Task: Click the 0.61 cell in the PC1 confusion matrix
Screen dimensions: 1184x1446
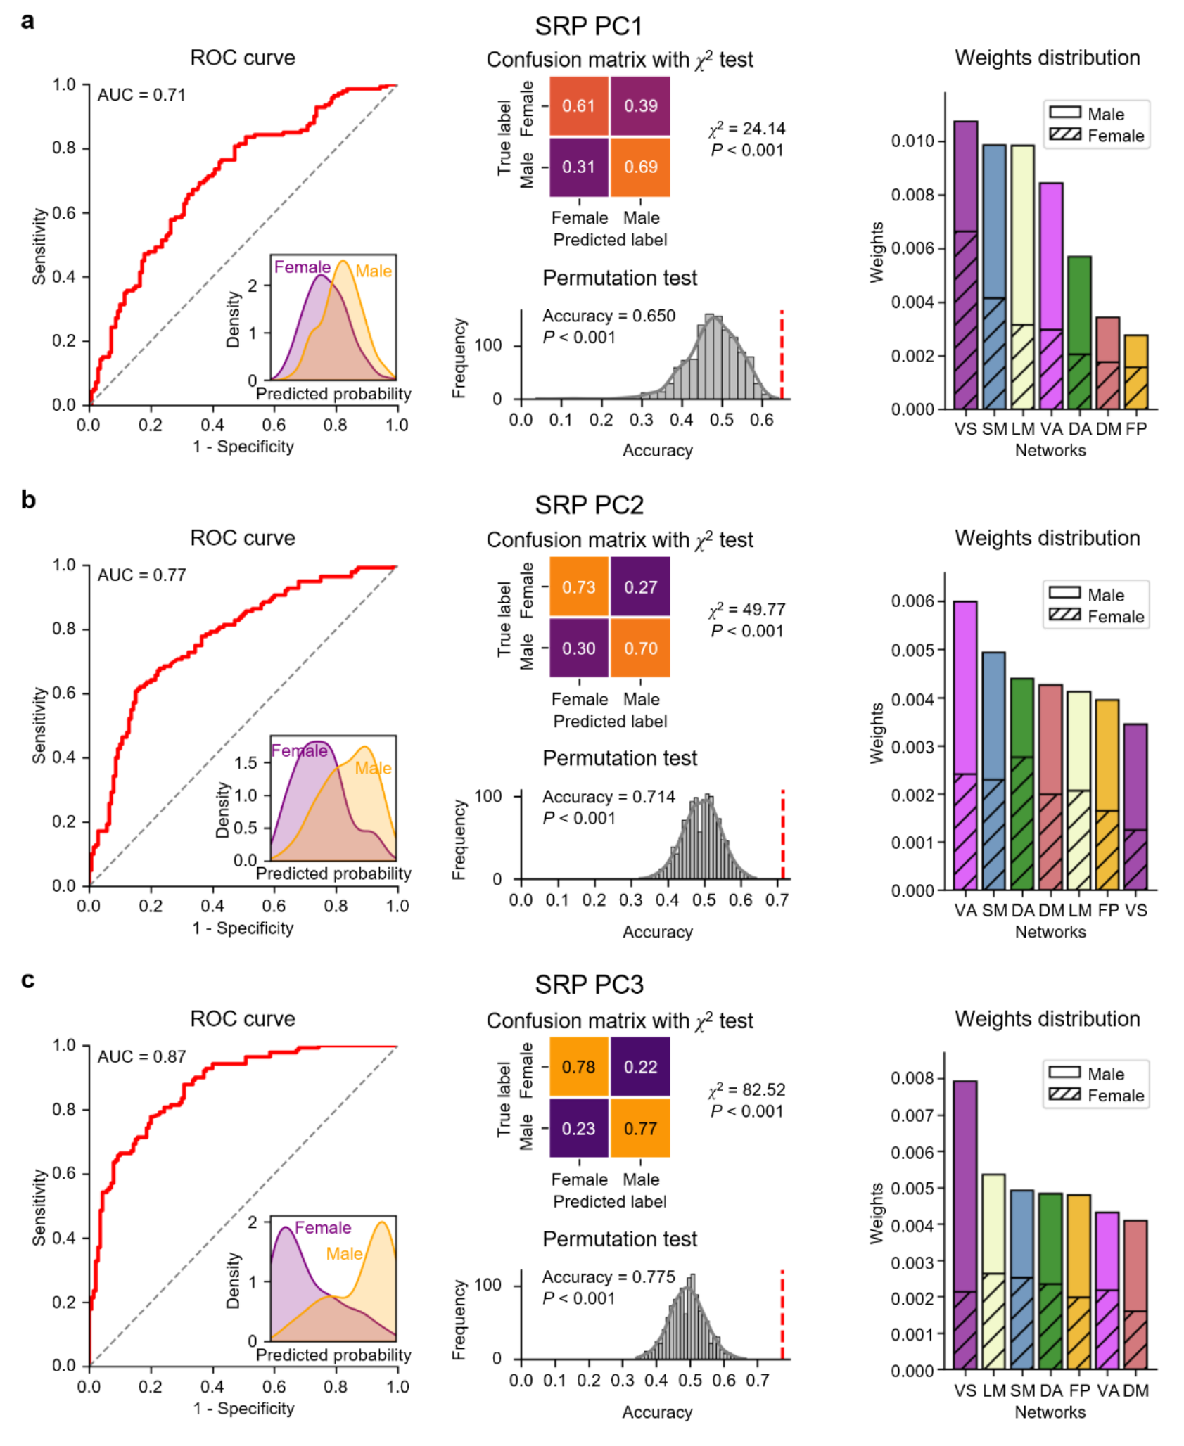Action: [x=578, y=105]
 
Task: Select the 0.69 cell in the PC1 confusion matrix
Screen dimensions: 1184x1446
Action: [x=640, y=167]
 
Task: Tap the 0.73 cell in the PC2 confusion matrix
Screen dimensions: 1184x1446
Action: [x=578, y=587]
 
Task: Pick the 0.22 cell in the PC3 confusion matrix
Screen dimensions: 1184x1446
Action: [x=640, y=1066]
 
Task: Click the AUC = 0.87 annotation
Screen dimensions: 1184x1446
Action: [x=141, y=1056]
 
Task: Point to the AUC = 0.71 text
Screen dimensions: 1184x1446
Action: [x=141, y=95]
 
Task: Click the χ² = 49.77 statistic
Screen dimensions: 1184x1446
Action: [x=746, y=608]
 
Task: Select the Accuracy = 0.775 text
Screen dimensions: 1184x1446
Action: [x=609, y=1277]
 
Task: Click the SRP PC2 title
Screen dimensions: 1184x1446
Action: [x=589, y=505]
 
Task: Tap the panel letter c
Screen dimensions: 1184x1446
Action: [x=27, y=980]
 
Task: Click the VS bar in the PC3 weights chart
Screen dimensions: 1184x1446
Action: [x=965, y=1224]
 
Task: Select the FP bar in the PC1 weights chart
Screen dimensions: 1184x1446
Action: [x=1135, y=372]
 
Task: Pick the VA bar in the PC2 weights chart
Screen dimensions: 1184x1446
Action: [x=965, y=746]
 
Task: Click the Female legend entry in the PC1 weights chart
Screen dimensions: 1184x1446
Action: [x=1097, y=136]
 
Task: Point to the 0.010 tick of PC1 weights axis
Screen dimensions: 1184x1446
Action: [x=912, y=141]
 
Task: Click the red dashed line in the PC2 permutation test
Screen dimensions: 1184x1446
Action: [x=782, y=834]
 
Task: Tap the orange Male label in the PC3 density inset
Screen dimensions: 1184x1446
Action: [x=345, y=1253]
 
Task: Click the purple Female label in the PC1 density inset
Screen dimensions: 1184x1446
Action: [x=303, y=267]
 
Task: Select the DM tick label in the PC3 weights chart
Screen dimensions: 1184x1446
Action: [x=1135, y=1390]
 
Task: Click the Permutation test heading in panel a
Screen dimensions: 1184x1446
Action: [x=620, y=278]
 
